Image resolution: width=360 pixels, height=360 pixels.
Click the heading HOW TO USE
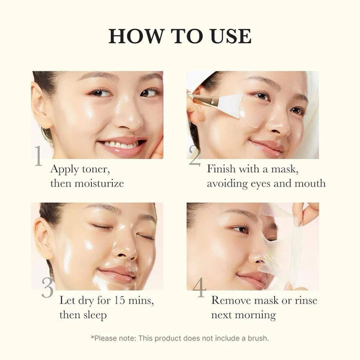[x=179, y=35]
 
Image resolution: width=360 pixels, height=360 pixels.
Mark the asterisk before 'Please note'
[x=92, y=337]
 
